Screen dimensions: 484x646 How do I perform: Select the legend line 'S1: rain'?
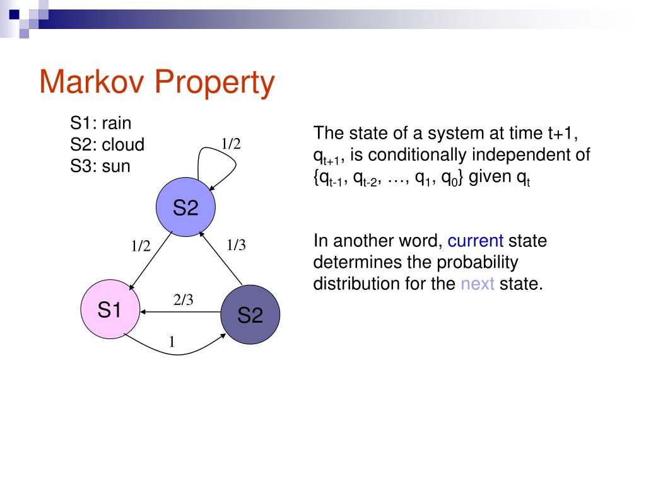(x=101, y=122)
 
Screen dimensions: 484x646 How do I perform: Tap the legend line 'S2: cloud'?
(x=107, y=145)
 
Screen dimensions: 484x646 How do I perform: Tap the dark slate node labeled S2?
(x=250, y=314)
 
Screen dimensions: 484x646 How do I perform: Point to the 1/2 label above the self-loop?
(x=231, y=144)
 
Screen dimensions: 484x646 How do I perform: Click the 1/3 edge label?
(x=236, y=245)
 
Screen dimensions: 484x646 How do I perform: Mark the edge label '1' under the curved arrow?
(x=171, y=342)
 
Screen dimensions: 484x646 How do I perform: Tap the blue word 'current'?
(x=475, y=241)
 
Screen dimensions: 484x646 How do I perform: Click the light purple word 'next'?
(x=477, y=284)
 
